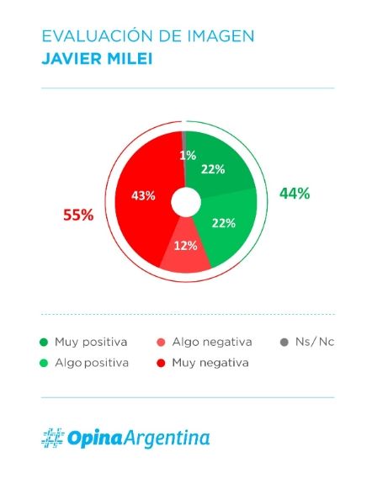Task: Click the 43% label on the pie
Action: click(x=143, y=195)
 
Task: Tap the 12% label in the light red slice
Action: click(x=185, y=246)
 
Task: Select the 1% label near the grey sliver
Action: click(x=188, y=156)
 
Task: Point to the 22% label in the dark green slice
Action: click(x=213, y=169)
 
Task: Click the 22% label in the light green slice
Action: click(x=224, y=223)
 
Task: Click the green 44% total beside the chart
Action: click(x=295, y=194)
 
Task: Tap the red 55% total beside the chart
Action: click(x=78, y=215)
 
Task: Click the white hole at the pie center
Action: click(x=186, y=202)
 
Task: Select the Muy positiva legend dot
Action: click(x=44, y=342)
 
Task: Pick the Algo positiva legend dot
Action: click(x=44, y=363)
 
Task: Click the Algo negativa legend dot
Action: click(x=161, y=342)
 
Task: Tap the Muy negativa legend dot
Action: click(x=161, y=363)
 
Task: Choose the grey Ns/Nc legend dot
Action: click(x=284, y=342)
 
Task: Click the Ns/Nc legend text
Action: click(x=315, y=342)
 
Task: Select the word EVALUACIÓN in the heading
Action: click(x=98, y=36)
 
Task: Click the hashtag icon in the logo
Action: click(x=53, y=438)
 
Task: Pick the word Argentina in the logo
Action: click(x=167, y=439)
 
